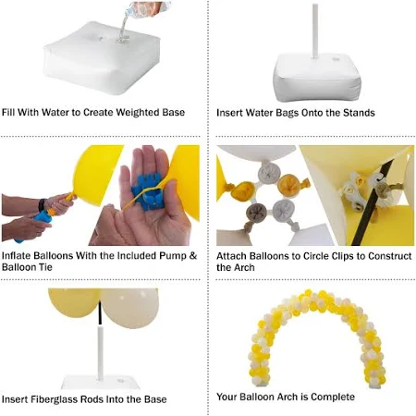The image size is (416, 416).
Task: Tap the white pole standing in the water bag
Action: pyautogui.click(x=315, y=31)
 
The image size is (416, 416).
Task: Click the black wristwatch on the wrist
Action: pyautogui.click(x=42, y=205)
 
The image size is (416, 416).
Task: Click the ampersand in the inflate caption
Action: pyautogui.click(x=193, y=256)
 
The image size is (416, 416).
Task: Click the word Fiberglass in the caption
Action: pyautogui.click(x=51, y=399)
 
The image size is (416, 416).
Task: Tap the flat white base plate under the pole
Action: pyautogui.click(x=101, y=383)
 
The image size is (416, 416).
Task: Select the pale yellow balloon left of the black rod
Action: pyautogui.click(x=75, y=302)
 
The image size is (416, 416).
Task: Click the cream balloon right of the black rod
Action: pyautogui.click(x=129, y=303)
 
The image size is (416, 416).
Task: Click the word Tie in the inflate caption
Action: pyautogui.click(x=45, y=267)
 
